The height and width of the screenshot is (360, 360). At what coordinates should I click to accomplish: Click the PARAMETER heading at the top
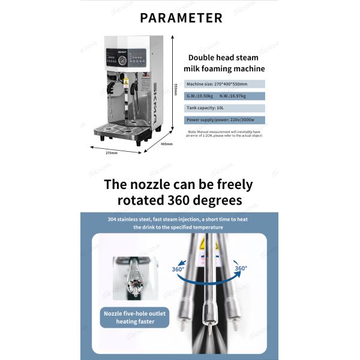[179, 17]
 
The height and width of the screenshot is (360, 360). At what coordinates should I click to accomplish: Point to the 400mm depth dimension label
[165, 144]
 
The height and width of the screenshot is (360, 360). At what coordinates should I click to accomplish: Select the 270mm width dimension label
[110, 153]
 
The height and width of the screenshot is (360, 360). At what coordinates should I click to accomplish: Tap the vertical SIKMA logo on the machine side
[155, 102]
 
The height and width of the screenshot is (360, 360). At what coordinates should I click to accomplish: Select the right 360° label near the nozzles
[241, 268]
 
